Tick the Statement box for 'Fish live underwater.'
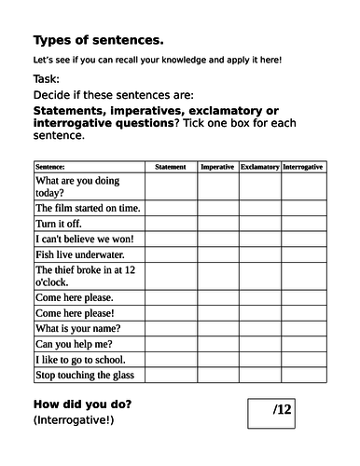(x=170, y=254)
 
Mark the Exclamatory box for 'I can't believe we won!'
(x=259, y=240)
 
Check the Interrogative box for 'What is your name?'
(x=302, y=329)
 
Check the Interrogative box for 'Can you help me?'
(x=302, y=344)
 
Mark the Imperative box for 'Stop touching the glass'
(x=217, y=375)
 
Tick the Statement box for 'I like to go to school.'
(x=170, y=360)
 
